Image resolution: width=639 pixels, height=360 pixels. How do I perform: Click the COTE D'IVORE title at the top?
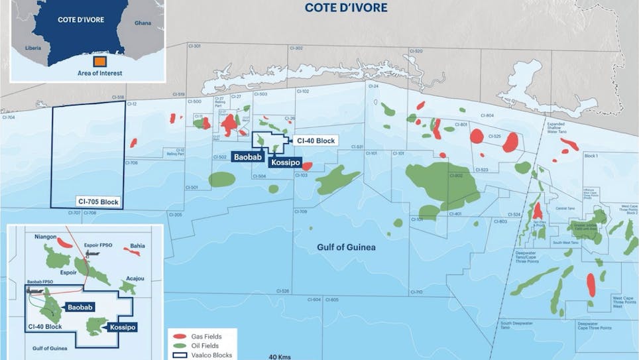[347, 9]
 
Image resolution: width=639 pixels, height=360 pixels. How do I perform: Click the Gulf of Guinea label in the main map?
[345, 248]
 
